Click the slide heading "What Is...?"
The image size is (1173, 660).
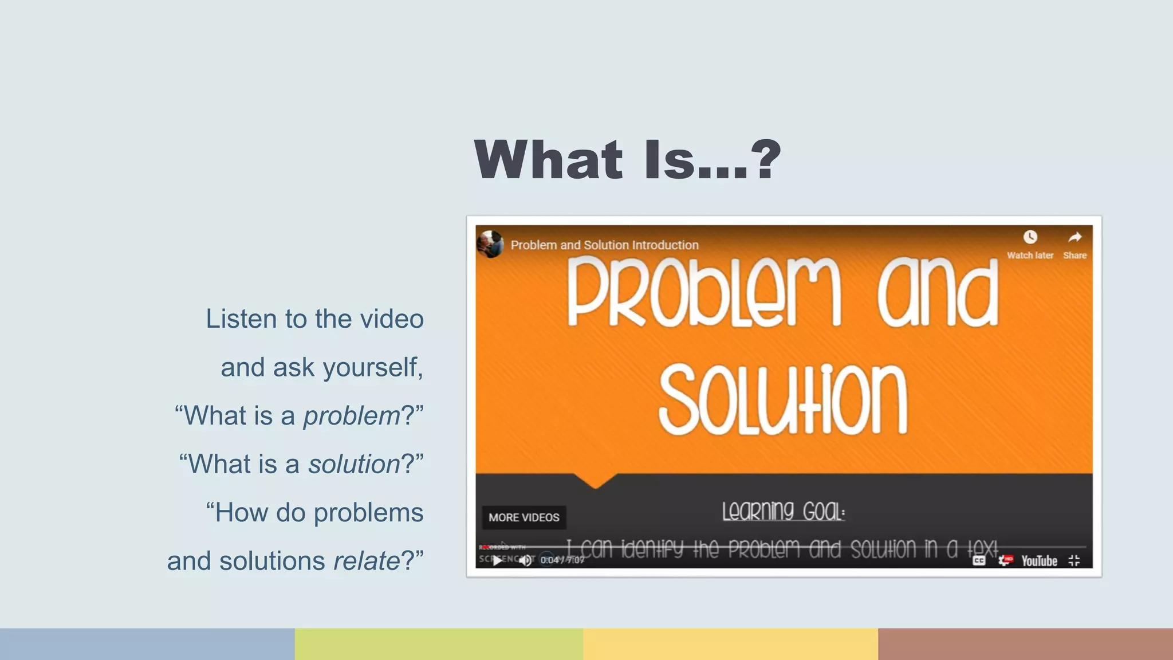[x=627, y=160]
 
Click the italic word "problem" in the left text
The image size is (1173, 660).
[x=352, y=416]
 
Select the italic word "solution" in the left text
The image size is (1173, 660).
[x=354, y=464]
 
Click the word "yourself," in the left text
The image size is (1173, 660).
[x=373, y=368]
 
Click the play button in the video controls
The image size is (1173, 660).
[x=497, y=560]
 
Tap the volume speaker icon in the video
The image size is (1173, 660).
[x=525, y=560]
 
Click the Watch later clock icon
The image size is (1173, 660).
[x=1030, y=237]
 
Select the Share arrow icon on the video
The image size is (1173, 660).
[x=1074, y=237]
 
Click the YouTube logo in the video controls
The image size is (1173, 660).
[x=1039, y=561]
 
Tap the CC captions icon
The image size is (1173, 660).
[x=979, y=561]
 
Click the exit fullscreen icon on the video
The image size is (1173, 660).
[x=1074, y=561]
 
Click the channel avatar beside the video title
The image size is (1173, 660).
[x=490, y=245]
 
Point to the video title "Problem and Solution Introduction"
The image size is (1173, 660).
[x=604, y=245]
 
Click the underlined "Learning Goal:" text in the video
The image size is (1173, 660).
[x=783, y=511]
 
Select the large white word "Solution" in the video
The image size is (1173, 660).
[x=783, y=399]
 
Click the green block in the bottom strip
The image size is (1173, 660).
[x=439, y=644]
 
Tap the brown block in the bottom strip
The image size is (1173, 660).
[x=1025, y=644]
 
